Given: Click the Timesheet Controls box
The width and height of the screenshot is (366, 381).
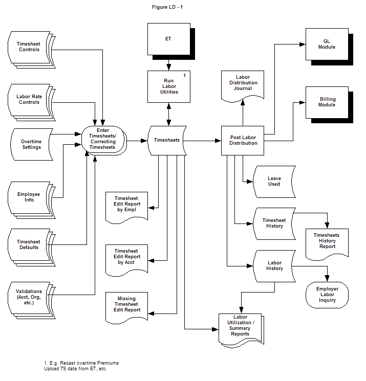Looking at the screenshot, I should click(x=30, y=47).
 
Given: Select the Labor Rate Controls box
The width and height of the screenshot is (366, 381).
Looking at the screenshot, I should click(x=30, y=99).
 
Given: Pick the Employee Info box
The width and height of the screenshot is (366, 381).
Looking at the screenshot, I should click(x=30, y=197).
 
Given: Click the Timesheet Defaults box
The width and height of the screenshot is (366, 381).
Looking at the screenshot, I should click(x=30, y=244).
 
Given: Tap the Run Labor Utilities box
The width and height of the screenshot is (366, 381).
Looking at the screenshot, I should click(x=168, y=86).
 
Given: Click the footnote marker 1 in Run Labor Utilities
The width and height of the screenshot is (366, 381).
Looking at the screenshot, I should click(x=184, y=76).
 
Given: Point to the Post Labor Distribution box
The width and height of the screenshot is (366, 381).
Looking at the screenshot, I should click(x=243, y=140).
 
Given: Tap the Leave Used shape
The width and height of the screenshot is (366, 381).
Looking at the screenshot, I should click(x=274, y=181).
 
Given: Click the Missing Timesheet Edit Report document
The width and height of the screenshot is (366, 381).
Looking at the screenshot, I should click(x=126, y=304).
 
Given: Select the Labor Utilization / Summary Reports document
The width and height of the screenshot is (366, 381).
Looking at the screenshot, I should click(x=240, y=326).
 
